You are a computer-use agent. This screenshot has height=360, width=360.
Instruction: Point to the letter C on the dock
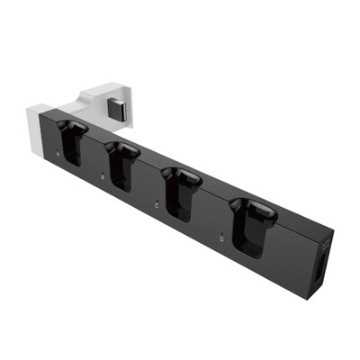pyautogui.click(x=157, y=205)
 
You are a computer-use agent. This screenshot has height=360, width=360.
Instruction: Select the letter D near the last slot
pyautogui.click(x=222, y=238)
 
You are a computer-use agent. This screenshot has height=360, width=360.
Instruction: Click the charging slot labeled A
pyautogui.click(x=74, y=144)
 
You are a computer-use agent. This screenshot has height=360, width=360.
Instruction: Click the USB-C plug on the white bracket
pyautogui.click(x=114, y=112)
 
